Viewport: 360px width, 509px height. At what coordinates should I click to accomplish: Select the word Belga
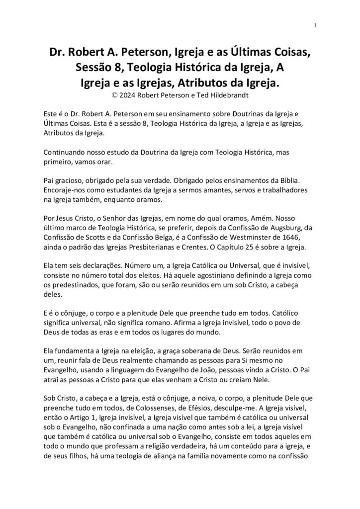[183, 237]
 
